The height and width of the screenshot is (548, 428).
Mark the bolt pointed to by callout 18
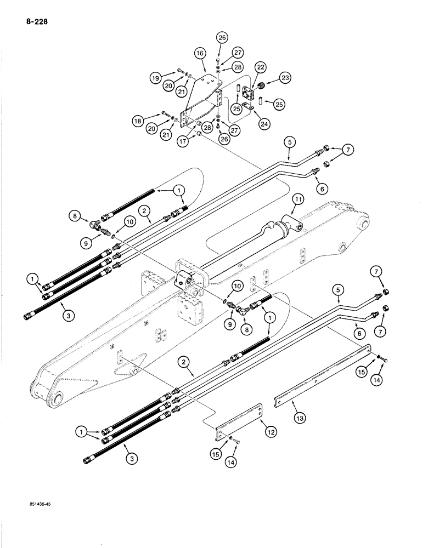(166, 115)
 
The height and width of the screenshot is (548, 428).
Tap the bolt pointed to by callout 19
(181, 72)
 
